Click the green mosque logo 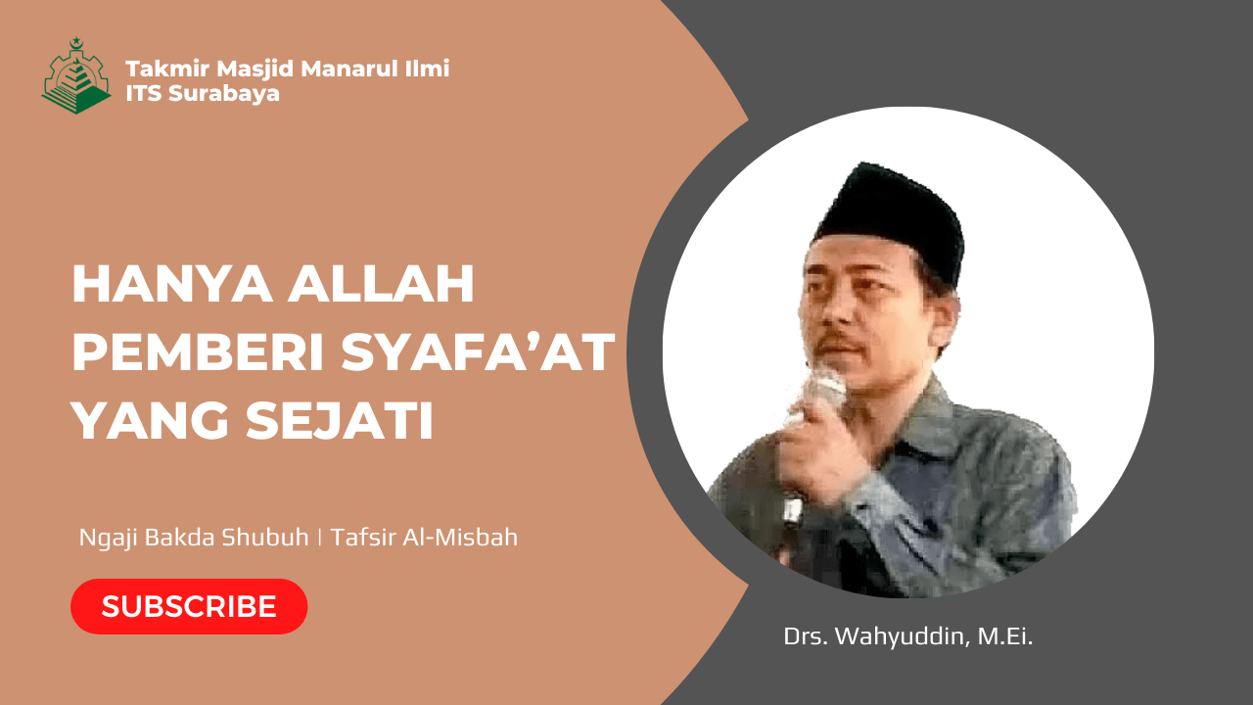(x=75, y=78)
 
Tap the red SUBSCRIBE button (x=189, y=606)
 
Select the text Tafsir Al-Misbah (x=424, y=538)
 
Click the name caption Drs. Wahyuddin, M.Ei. (x=908, y=636)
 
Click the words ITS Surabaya (x=203, y=94)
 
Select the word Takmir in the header (x=162, y=70)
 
